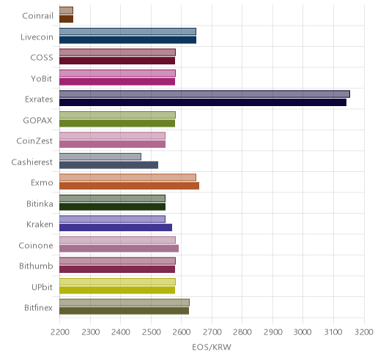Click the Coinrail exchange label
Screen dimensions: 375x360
pos(37,16)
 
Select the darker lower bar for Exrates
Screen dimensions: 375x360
pos(203,102)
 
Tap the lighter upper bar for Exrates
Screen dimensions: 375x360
pos(204,94)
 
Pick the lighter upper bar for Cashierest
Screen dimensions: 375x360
pos(100,157)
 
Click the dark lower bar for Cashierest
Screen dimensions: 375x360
pos(108,165)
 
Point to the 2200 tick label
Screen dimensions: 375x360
pos(59,332)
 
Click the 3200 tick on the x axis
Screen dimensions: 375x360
pos(364,332)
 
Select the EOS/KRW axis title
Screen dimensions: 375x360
pos(212,347)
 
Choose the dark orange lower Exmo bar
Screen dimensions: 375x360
pos(129,186)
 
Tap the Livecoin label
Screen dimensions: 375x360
pos(37,37)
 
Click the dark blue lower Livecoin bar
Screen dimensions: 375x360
pos(127,40)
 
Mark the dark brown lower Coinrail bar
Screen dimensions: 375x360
pos(66,19)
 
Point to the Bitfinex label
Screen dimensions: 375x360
pos(38,308)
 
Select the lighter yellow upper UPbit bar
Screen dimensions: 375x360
pos(117,282)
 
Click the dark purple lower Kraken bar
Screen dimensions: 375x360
pos(116,228)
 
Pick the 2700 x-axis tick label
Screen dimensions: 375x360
pos(212,332)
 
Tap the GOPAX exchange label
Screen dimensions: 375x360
pos(37,121)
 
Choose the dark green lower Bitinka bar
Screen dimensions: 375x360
pos(112,207)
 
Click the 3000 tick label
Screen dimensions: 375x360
pos(303,332)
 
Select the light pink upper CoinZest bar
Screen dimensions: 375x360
pos(112,136)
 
